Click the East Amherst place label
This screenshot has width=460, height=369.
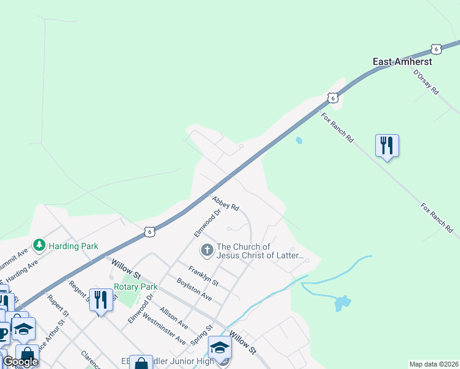403,61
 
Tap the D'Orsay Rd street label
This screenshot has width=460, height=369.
426,82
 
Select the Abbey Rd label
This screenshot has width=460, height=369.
225,203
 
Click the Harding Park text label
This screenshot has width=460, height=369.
73,246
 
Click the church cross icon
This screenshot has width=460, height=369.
207,250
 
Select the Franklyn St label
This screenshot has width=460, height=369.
204,274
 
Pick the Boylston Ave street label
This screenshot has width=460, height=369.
194,289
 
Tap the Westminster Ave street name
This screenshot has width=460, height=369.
164,330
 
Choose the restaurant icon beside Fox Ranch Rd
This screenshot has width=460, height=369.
387,146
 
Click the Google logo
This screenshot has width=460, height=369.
20,362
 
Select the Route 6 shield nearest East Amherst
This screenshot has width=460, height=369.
436,49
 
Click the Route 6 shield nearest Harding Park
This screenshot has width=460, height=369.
149,231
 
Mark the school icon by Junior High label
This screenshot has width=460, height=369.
220,348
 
